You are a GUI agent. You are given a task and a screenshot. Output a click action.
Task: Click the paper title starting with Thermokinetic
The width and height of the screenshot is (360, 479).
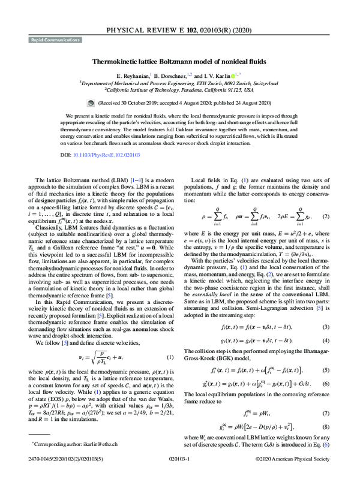pyautogui.click(x=179, y=61)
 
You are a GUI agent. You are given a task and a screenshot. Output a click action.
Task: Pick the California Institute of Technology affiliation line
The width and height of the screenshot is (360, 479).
pyautogui.click(x=179, y=91)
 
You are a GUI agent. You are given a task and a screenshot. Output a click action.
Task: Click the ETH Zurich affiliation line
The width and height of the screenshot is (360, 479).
pyautogui.click(x=179, y=83)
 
